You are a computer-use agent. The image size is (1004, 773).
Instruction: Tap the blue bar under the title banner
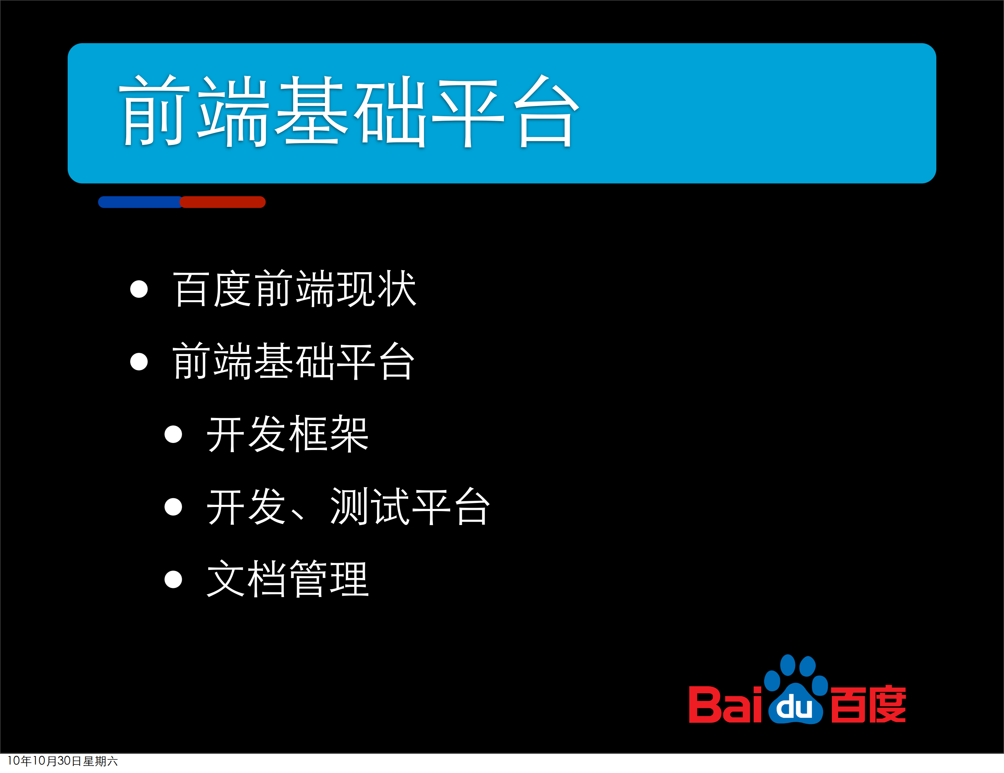click(x=139, y=202)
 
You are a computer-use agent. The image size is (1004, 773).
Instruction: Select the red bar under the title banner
click(x=223, y=202)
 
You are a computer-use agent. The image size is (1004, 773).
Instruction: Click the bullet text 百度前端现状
click(x=294, y=289)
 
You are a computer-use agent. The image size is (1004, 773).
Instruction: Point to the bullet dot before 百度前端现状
click(x=139, y=289)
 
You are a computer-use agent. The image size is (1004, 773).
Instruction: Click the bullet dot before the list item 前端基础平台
click(x=139, y=361)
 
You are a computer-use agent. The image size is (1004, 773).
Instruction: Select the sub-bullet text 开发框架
click(x=288, y=434)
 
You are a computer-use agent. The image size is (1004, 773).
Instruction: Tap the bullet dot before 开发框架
click(x=173, y=434)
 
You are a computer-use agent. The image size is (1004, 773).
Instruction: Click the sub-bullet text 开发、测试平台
click(x=349, y=507)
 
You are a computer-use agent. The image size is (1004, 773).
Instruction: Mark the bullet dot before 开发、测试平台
click(x=173, y=507)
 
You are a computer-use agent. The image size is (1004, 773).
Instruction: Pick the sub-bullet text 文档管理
click(x=288, y=579)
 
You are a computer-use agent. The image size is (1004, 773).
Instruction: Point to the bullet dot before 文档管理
click(x=173, y=579)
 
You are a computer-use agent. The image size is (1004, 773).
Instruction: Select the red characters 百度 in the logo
click(x=868, y=704)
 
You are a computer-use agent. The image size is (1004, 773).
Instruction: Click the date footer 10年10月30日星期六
click(x=63, y=761)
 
